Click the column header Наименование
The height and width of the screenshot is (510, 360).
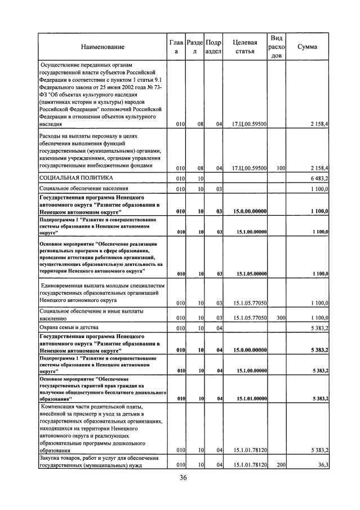103,47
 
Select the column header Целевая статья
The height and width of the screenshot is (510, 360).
245,47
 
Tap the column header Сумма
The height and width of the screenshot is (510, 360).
307,47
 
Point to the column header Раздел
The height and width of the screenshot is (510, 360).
194,47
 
